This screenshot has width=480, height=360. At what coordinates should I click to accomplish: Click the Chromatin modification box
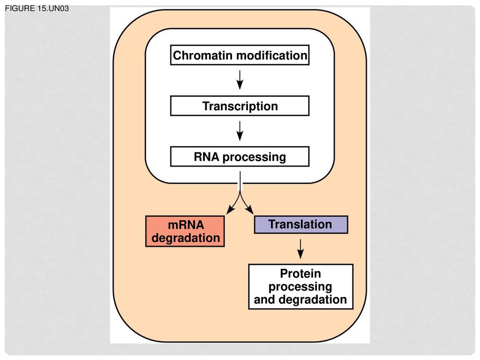(x=240, y=55)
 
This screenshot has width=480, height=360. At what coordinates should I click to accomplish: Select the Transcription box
(x=240, y=106)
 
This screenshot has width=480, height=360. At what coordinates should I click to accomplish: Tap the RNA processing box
(x=240, y=157)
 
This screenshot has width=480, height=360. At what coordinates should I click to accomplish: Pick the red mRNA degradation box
(x=185, y=231)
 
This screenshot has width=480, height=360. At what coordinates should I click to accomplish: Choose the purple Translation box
(x=301, y=225)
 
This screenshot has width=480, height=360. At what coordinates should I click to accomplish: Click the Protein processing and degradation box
(x=300, y=286)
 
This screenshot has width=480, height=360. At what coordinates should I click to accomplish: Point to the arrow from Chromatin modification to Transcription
(x=240, y=80)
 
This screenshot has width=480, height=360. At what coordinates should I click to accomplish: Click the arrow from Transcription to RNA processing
(x=240, y=131)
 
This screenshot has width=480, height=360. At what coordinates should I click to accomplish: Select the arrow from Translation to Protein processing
(x=300, y=249)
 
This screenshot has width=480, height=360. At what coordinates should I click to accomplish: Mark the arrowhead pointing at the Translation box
(x=250, y=210)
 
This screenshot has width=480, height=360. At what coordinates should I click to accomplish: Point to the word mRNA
(x=186, y=225)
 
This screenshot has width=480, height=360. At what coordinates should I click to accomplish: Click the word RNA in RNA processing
(x=206, y=157)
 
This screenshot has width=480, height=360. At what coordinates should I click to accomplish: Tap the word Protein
(x=300, y=273)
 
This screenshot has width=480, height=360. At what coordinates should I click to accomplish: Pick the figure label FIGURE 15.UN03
(x=37, y=8)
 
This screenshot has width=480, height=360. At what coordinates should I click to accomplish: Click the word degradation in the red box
(x=186, y=238)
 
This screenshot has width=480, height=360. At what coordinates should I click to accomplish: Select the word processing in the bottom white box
(x=300, y=287)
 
